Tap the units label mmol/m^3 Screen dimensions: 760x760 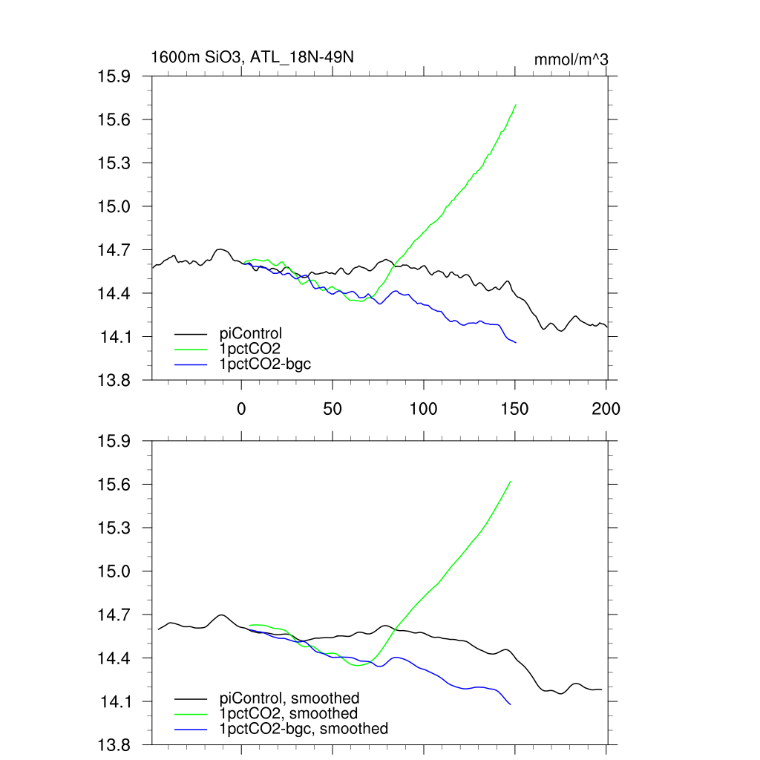[571, 59]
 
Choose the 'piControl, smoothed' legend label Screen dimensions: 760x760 [289, 698]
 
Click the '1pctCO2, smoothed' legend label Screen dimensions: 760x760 [289, 713]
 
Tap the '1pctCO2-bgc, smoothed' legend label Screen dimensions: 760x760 [304, 729]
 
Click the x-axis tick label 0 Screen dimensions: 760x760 [241, 408]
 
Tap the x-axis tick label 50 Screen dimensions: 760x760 [332, 408]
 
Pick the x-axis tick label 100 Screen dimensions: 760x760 [424, 408]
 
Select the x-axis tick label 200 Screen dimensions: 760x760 [606, 408]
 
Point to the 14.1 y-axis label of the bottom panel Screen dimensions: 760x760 [114, 701]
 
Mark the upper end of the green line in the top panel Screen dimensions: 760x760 [515, 105]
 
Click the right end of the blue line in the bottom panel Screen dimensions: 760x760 [511, 704]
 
